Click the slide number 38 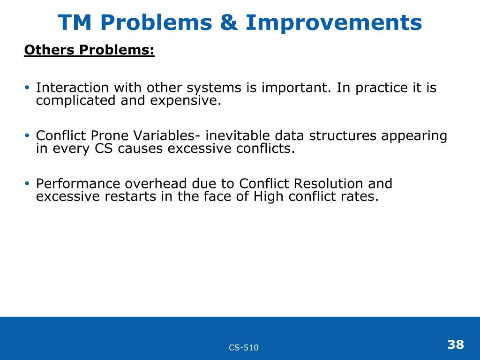pos(456,345)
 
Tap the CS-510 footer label pos(244,347)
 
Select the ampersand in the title pos(229,22)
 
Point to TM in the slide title pos(75,22)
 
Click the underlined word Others pos(49,50)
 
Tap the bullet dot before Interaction pos(27,88)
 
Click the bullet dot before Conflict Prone pos(27,135)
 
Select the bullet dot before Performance pos(27,183)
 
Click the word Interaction pos(72,88)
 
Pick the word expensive pos(186,101)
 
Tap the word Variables pos(167,135)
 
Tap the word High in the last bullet pos(268,197)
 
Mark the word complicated pos(75,101)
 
